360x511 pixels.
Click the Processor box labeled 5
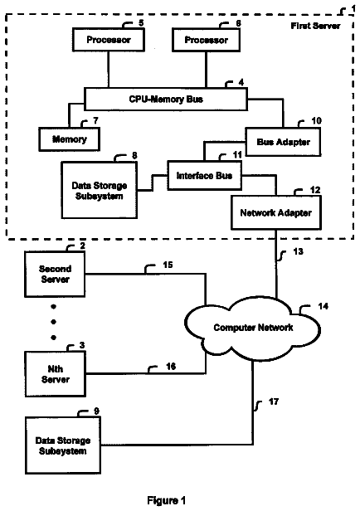pos(109,40)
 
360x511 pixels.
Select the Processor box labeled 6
pos(206,40)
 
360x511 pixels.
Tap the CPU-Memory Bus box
pos(166,99)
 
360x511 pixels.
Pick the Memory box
pos(70,139)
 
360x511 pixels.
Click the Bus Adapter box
pos(283,142)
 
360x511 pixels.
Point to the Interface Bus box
pos(204,175)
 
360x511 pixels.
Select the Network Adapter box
pos(276,212)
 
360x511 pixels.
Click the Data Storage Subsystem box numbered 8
pos(100,190)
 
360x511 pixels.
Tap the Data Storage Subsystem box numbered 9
pos(63,445)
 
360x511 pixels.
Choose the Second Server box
pos(55,274)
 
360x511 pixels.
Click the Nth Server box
pos(56,374)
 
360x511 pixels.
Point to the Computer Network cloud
pos(253,327)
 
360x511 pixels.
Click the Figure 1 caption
pos(166,500)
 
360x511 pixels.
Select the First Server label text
pos(315,26)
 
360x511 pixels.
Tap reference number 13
pos(298,251)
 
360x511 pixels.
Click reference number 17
pos(274,401)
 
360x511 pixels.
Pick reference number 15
pos(168,265)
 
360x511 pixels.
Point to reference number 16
pos(171,367)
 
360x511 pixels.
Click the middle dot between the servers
pos(54,322)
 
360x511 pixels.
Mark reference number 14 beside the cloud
pos(323,306)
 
